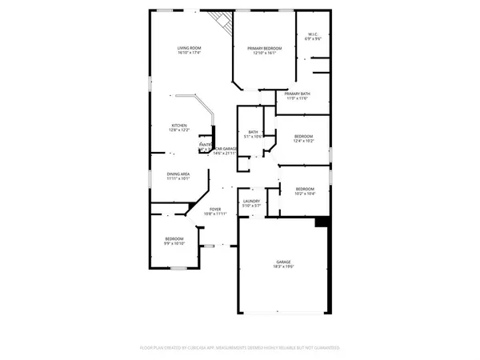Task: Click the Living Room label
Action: pyautogui.click(x=189, y=49)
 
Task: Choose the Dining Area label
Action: pyautogui.click(x=178, y=174)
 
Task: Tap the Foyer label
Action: pyautogui.click(x=215, y=210)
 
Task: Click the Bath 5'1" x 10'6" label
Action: pyautogui.click(x=253, y=132)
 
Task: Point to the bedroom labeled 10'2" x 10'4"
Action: pyautogui.click(x=305, y=189)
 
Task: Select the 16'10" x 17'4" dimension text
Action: pyautogui.click(x=189, y=54)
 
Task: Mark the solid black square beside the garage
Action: pyautogui.click(x=323, y=222)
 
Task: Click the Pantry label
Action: pyautogui.click(x=205, y=145)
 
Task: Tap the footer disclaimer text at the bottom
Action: pyautogui.click(x=240, y=348)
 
